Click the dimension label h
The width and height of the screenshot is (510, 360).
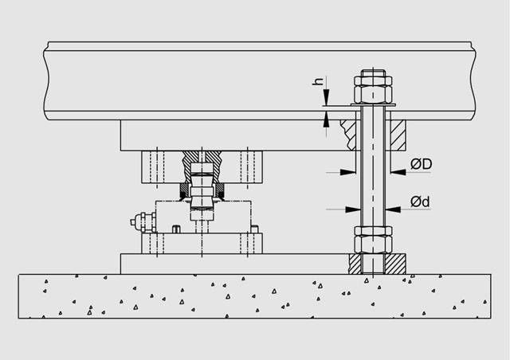click(318, 81)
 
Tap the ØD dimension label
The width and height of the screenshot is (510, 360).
click(422, 164)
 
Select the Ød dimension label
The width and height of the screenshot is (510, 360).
click(420, 202)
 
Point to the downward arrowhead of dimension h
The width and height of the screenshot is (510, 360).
click(326, 97)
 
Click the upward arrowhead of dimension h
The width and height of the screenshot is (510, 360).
click(326, 119)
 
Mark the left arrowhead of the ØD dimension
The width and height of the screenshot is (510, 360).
click(348, 172)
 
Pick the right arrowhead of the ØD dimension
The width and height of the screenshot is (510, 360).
click(398, 172)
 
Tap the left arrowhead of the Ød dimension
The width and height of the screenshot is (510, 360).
click(353, 209)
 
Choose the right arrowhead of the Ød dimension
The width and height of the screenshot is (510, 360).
click(393, 209)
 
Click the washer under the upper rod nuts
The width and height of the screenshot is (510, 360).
click(373, 104)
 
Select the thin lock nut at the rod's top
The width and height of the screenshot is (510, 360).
click(373, 81)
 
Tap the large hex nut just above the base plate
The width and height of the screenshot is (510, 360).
click(373, 244)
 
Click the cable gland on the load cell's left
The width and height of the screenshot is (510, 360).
click(143, 222)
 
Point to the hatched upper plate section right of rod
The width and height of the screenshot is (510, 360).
click(398, 135)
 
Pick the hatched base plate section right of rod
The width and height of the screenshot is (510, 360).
click(395, 264)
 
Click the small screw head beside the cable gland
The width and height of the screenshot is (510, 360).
click(175, 229)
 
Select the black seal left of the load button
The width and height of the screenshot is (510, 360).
click(184, 192)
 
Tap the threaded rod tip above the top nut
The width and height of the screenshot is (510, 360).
click(373, 73)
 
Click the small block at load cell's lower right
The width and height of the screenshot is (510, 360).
click(255, 229)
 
